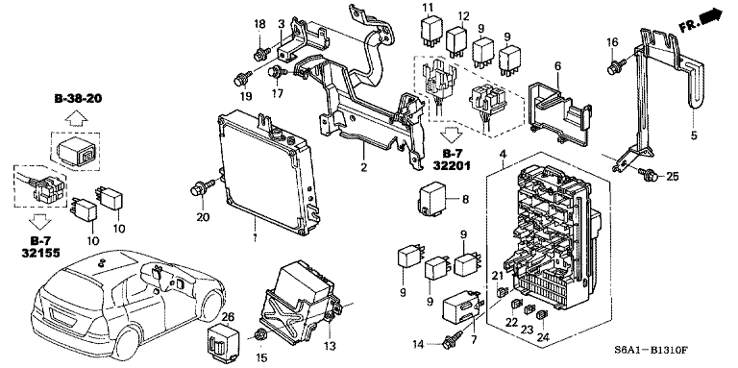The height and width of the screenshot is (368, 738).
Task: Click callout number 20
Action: [x=203, y=216]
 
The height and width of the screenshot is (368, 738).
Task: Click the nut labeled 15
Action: [x=261, y=334]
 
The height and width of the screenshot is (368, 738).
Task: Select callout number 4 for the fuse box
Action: [x=502, y=156]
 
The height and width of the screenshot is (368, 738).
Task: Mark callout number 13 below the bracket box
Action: [x=329, y=346]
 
